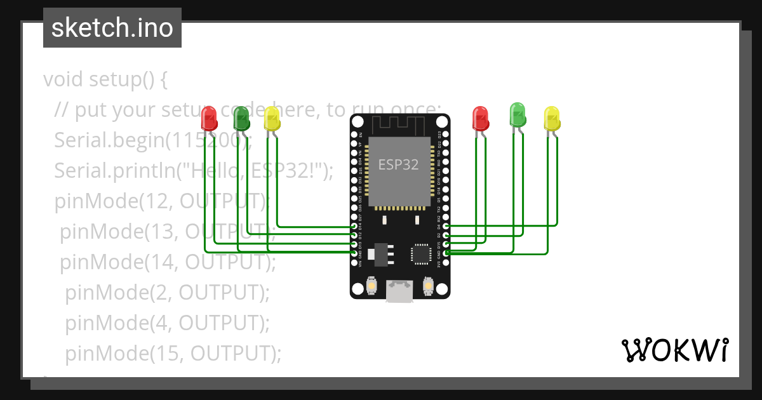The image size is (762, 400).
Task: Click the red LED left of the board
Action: (x=208, y=118)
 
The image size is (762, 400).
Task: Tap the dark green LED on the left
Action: (x=241, y=117)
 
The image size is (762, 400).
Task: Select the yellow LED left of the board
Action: (x=272, y=119)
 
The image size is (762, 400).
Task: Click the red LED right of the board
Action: (x=480, y=118)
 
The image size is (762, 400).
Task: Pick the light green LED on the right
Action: (x=518, y=114)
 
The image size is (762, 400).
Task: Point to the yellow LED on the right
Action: (x=552, y=119)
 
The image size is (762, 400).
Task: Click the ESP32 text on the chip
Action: (x=398, y=164)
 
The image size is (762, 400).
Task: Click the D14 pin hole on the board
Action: (x=354, y=226)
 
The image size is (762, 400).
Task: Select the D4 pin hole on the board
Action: (x=446, y=226)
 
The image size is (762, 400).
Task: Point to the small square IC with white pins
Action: (x=420, y=253)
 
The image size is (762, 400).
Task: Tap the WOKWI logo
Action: (x=674, y=350)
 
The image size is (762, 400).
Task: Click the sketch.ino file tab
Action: (x=112, y=28)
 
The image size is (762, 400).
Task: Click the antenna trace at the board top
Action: (x=399, y=124)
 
